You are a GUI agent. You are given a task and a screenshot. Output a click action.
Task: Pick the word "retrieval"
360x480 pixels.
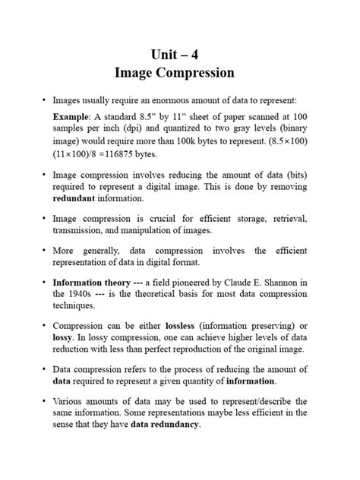[284, 219]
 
